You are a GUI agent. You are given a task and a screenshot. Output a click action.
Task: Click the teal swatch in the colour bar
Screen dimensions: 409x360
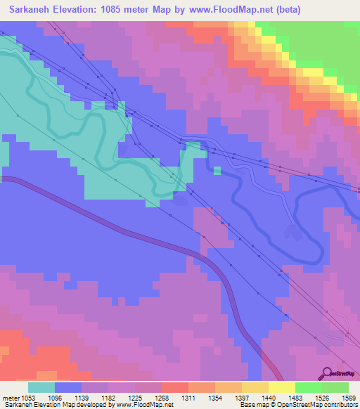(x=41, y=387)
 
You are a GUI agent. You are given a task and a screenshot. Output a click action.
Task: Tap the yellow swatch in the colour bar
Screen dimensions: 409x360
(x=282, y=387)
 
